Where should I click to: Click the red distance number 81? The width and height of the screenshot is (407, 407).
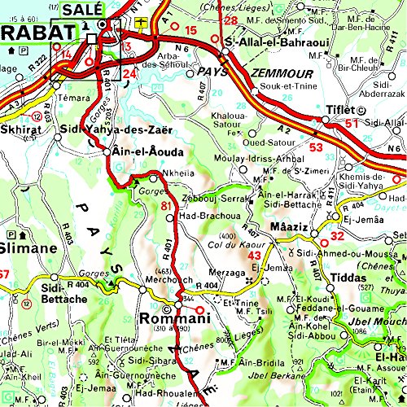coord(167,205)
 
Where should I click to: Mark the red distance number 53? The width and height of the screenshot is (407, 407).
coord(316,147)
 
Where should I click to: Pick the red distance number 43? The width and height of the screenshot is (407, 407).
coord(254,256)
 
